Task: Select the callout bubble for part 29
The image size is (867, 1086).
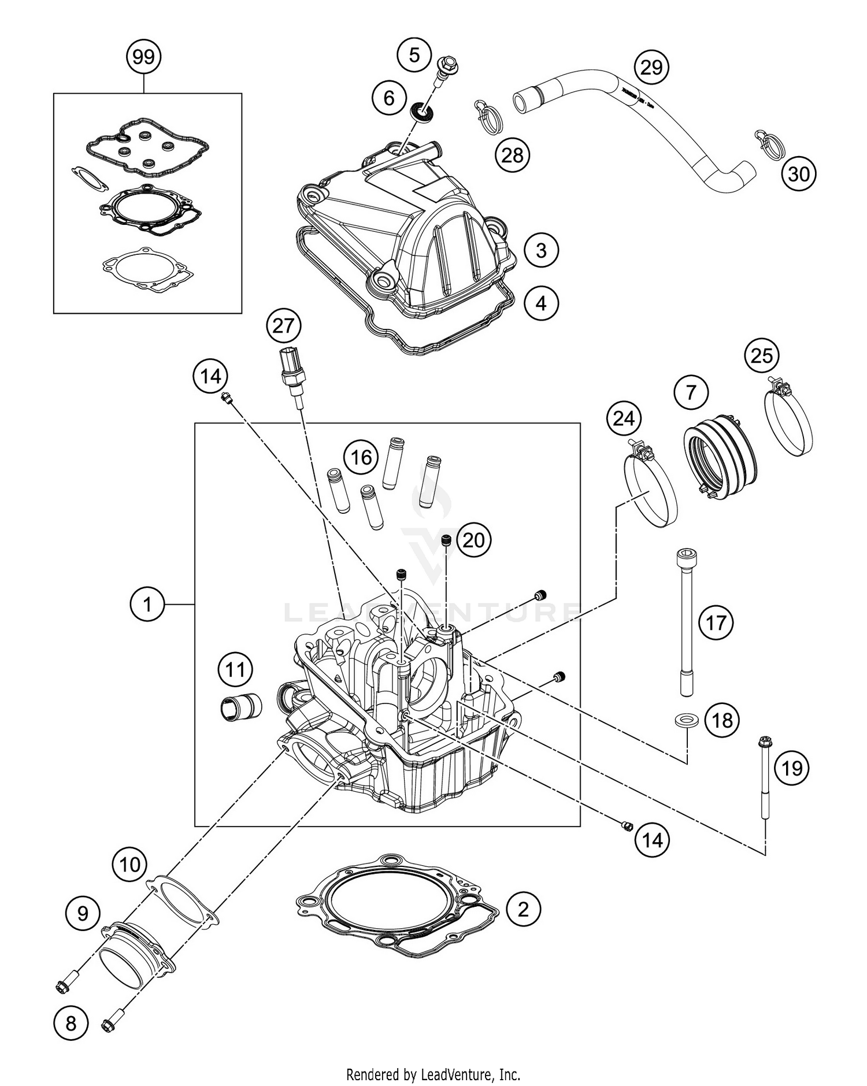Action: click(651, 68)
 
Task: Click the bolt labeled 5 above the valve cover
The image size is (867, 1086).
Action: click(444, 70)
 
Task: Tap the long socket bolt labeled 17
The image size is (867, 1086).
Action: click(685, 621)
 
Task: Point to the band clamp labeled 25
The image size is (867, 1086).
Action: click(789, 420)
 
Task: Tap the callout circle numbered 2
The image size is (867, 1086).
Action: click(523, 910)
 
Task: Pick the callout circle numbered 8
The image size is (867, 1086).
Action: click(71, 1024)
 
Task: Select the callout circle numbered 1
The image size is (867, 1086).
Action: click(147, 605)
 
